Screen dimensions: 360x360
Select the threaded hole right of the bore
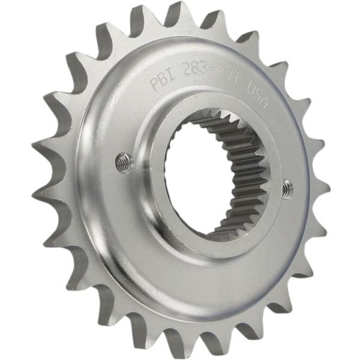(289, 189)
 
